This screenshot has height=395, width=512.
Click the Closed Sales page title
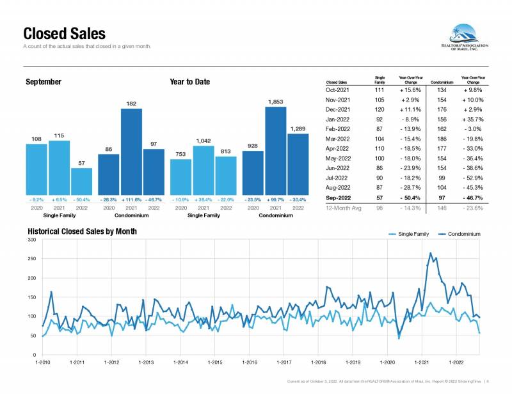pyautogui.click(x=64, y=34)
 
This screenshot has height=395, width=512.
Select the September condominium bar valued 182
pyautogui.click(x=131, y=151)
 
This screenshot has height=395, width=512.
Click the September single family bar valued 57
pyautogui.click(x=81, y=182)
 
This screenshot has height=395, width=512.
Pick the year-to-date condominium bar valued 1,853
pyautogui.click(x=276, y=150)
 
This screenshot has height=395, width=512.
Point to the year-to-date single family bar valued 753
pyautogui.click(x=181, y=176)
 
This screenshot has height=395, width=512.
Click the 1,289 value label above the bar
pyautogui.click(x=298, y=129)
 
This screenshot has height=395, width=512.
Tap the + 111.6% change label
pyautogui.click(x=131, y=200)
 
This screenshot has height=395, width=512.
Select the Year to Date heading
pyautogui.click(x=189, y=82)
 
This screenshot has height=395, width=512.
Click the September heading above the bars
pyautogui.click(x=44, y=82)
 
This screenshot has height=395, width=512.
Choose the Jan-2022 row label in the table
pyautogui.click(x=337, y=119)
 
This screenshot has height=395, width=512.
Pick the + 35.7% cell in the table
pyautogui.click(x=473, y=119)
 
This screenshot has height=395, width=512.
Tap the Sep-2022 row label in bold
pyautogui.click(x=337, y=199)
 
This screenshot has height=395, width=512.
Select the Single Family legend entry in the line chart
pyautogui.click(x=410, y=235)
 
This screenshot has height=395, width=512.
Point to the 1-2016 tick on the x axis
pyautogui.click(x=250, y=362)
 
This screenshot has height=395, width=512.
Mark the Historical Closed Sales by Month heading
pyautogui.click(x=81, y=231)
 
